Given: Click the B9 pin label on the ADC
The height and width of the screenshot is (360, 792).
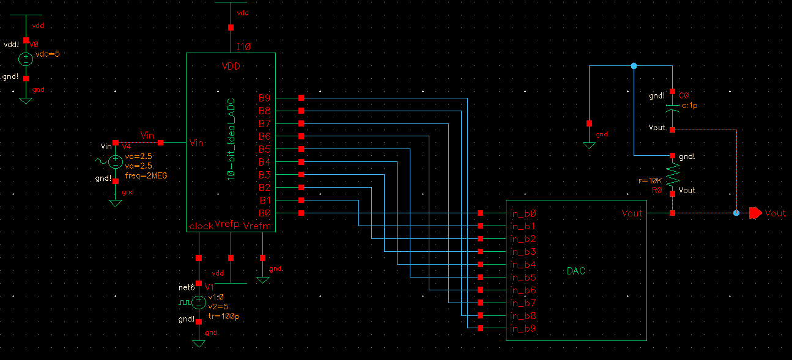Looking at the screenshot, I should click(264, 98).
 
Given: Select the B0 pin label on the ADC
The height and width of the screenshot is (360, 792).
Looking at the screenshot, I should click(264, 213).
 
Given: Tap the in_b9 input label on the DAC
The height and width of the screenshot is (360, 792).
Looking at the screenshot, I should click(522, 329).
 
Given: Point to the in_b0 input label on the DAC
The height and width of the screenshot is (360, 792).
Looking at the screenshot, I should click(522, 214).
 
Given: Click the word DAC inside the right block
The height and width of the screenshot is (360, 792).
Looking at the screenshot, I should click(575, 271).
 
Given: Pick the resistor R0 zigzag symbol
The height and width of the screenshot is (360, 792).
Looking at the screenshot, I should click(672, 175).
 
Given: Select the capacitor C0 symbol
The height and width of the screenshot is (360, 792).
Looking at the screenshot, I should click(672, 110).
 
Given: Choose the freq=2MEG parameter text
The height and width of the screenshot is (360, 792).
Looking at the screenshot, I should click(146, 175).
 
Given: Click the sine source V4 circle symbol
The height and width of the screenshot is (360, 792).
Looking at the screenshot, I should click(115, 162).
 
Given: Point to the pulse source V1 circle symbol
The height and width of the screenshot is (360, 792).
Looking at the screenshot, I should click(199, 302).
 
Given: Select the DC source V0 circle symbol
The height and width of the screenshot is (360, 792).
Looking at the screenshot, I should click(26, 59).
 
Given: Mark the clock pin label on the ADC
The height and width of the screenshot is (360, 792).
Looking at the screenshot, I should click(201, 226).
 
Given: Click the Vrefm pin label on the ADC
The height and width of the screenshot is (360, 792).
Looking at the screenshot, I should click(256, 226).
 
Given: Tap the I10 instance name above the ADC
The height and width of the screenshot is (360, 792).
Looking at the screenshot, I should click(243, 46).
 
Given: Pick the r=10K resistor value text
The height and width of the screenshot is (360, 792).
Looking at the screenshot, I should click(650, 181).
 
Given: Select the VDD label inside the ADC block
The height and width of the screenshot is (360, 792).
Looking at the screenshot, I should click(231, 67).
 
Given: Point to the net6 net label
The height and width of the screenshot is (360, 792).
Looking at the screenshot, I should click(187, 287).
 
